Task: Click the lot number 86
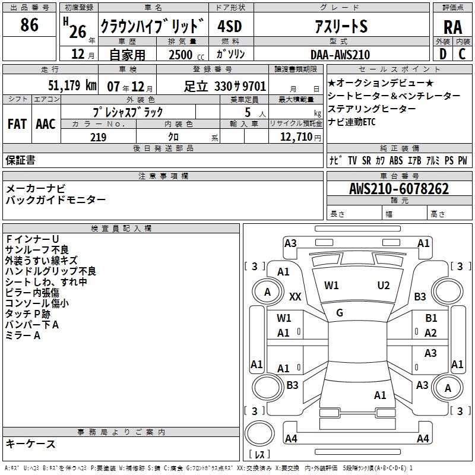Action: (29, 25)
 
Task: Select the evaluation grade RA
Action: (452, 27)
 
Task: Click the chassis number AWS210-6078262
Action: (398, 189)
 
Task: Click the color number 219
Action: (98, 137)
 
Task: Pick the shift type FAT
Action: (17, 123)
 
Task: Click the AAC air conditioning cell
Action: (45, 123)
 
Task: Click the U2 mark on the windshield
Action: (384, 286)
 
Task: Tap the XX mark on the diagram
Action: (295, 296)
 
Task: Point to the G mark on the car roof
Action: (340, 312)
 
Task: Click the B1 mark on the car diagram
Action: (431, 318)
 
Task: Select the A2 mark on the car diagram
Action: (431, 333)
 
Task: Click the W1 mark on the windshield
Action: (331, 286)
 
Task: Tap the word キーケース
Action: (30, 444)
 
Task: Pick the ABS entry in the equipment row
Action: (396, 160)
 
